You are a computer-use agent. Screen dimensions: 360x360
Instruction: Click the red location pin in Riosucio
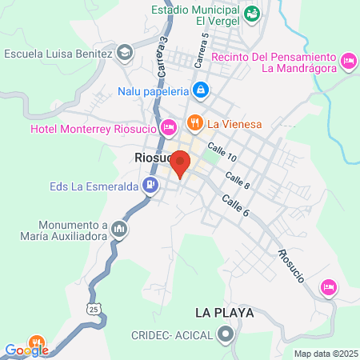pos(180,164)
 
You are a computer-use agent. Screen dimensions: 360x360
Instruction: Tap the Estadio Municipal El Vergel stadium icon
pos(251,12)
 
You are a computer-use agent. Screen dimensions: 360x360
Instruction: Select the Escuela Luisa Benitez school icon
pos(124,54)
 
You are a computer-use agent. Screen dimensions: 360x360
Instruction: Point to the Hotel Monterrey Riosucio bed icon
pos(169,128)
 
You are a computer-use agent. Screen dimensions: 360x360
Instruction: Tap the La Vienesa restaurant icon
pos(194,123)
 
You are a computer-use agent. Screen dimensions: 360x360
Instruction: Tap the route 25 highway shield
pos(94,308)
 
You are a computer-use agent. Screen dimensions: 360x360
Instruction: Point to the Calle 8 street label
pos(237,181)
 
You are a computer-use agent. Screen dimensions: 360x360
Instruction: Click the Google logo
pos(26,350)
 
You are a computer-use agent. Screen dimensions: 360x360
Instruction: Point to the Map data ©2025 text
pos(324,354)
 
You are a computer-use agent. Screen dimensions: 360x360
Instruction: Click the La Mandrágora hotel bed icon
pos(348,61)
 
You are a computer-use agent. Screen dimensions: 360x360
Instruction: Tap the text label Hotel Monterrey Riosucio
pos(94,129)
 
